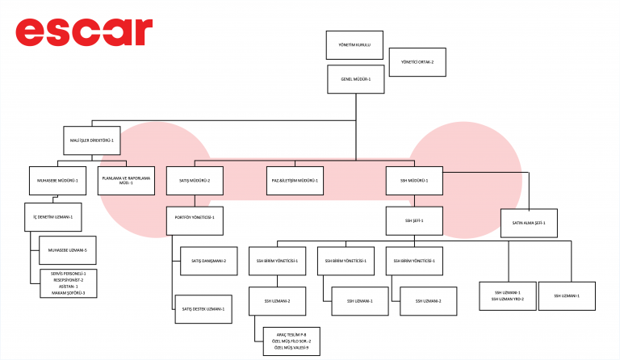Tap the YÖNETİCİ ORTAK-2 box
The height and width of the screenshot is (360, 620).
(417, 62)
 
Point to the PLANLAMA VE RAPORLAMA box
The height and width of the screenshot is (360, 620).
(125, 181)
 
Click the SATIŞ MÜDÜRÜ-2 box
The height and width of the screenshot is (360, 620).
(195, 180)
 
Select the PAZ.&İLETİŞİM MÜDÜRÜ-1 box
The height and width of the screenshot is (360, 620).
(295, 180)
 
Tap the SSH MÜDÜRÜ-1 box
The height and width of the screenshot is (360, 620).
(414, 180)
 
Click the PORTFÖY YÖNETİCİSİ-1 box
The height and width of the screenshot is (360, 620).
(195, 218)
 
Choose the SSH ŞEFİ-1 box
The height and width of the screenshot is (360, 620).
(414, 220)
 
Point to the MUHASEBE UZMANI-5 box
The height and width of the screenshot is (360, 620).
(68, 250)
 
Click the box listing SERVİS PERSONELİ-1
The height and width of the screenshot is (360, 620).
(68, 283)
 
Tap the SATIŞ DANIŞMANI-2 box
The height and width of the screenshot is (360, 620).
(208, 261)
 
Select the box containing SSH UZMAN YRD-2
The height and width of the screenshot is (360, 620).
(507, 295)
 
